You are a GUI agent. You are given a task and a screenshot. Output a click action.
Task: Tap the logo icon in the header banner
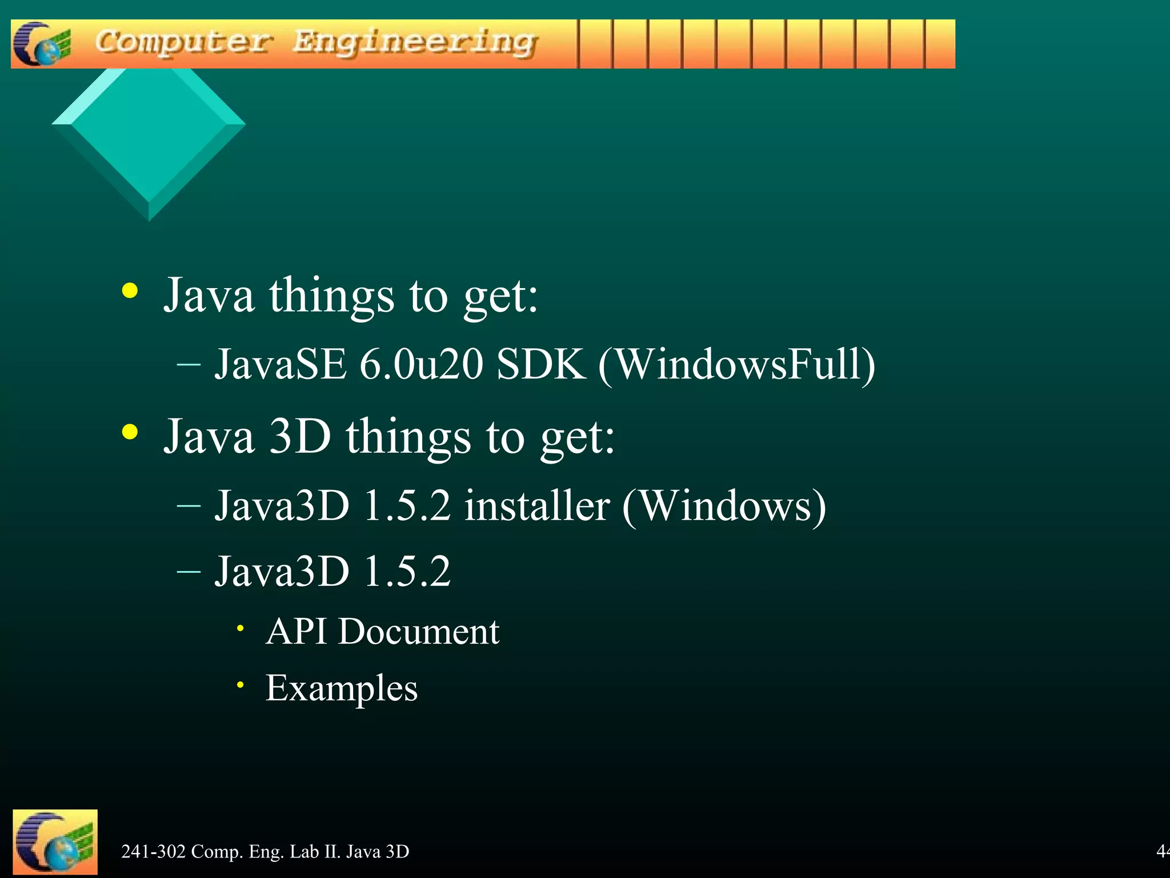(41, 44)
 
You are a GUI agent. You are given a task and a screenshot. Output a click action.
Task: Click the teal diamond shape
(149, 137)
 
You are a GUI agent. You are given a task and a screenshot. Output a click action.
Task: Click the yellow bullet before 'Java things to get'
(130, 290)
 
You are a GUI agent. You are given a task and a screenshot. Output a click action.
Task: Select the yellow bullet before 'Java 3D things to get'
(130, 432)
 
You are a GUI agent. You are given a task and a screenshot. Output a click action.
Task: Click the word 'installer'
(537, 506)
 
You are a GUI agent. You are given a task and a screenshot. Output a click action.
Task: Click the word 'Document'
(419, 632)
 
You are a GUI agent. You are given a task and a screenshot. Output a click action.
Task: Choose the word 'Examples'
(342, 688)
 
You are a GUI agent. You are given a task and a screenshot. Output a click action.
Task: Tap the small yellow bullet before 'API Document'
(241, 628)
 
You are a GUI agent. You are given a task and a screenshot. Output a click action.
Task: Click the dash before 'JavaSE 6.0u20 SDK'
(189, 365)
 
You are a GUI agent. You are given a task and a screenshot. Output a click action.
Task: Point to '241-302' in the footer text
(153, 852)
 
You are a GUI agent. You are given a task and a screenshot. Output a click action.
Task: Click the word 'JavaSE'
(280, 364)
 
